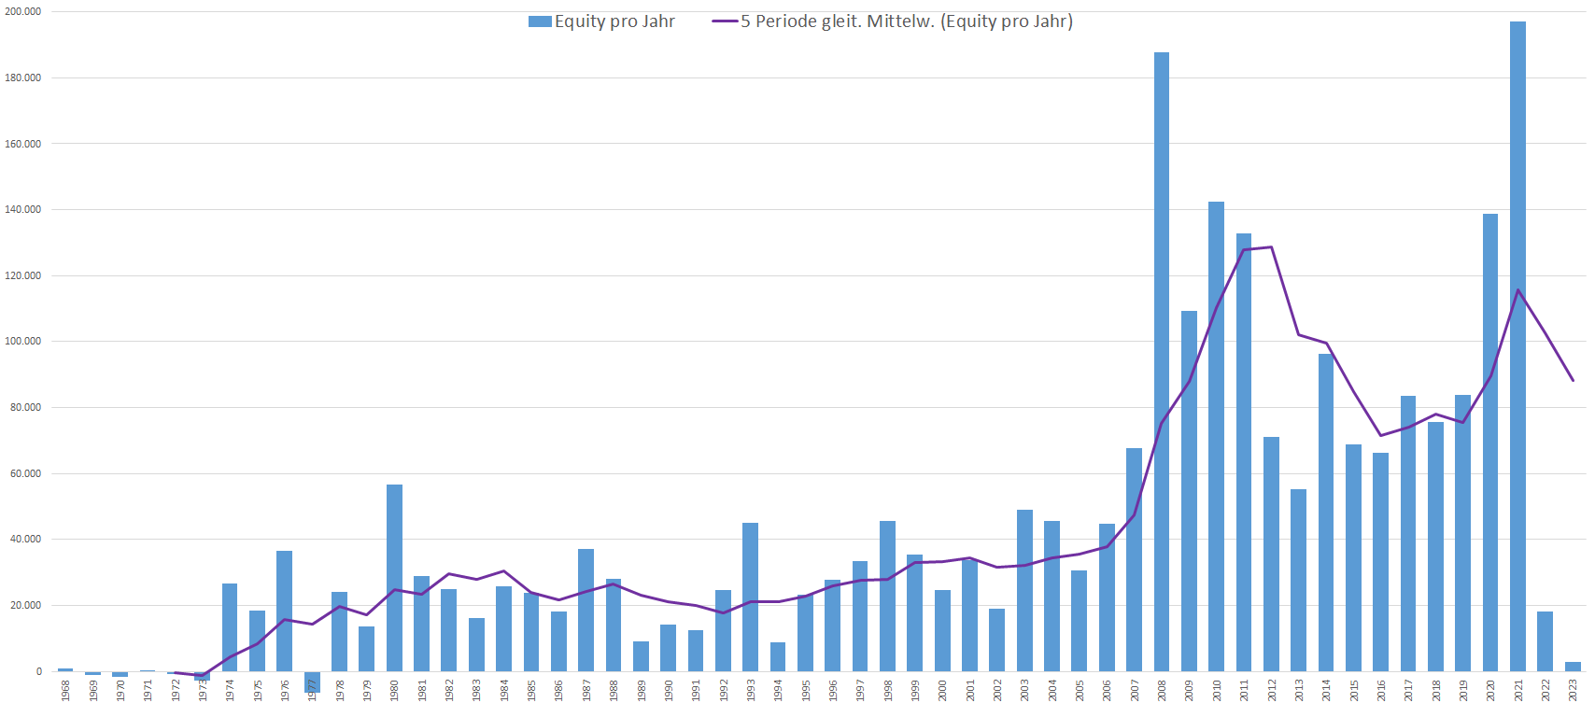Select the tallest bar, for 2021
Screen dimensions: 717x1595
[1517, 346]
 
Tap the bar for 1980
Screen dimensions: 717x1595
[394, 578]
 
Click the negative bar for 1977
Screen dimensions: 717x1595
[312, 681]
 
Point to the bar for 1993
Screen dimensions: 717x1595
[750, 597]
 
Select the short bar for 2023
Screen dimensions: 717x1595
[1573, 667]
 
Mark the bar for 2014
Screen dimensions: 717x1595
[1326, 513]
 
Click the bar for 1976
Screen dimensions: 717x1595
[285, 612]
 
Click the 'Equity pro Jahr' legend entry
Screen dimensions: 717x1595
[601, 21]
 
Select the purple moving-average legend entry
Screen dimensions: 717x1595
[893, 21]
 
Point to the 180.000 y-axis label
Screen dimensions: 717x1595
[23, 77]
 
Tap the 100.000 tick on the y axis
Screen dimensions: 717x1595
[23, 342]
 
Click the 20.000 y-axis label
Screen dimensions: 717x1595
[25, 605]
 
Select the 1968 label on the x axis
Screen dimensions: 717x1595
[65, 691]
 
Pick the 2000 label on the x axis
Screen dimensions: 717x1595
[942, 691]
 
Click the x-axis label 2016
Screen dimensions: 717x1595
[1381, 691]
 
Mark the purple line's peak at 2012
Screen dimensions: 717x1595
[1271, 247]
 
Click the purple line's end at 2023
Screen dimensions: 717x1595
[1573, 380]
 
